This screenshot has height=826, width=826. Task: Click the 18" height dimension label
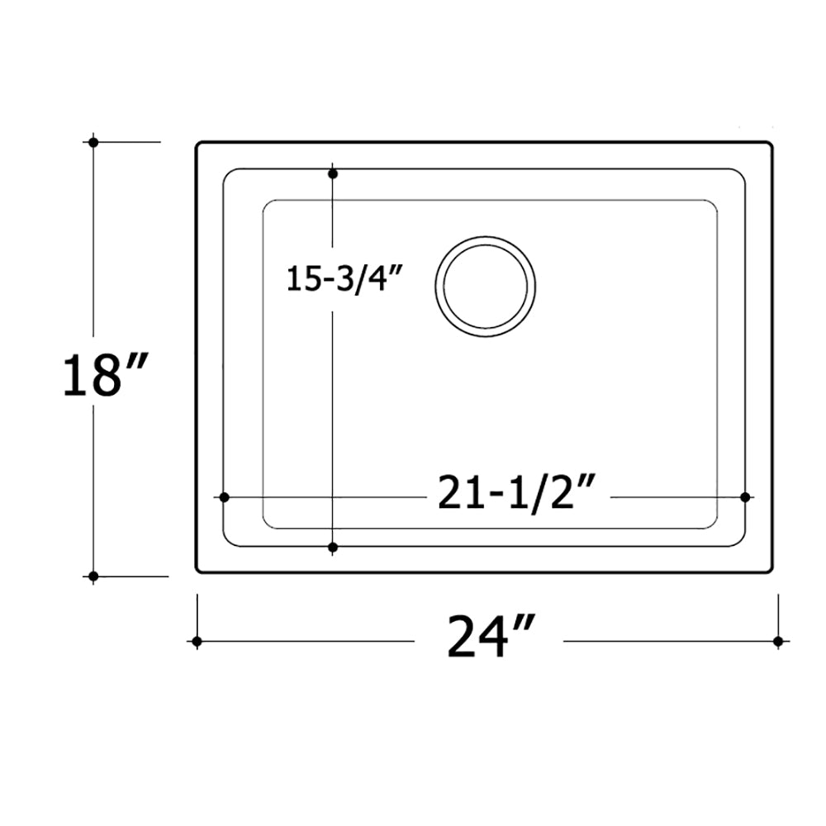pos(105,375)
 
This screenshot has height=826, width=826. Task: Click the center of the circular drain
pos(485,286)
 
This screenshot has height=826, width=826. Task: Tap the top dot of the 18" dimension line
pos(93,142)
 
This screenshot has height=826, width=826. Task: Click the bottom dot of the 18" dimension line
pos(93,576)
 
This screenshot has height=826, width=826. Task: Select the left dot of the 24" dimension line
pos(197,641)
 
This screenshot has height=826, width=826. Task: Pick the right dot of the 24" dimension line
pos(777,641)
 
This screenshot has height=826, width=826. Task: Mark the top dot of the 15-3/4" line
pos(333,174)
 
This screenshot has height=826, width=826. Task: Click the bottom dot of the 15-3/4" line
pos(333,547)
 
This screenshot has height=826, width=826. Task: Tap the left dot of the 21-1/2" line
pos(223,496)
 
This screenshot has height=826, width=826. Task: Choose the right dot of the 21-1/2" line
pos(745,496)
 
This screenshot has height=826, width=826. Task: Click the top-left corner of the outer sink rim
pos(198,145)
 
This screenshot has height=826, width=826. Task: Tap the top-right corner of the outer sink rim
pos(771,145)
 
